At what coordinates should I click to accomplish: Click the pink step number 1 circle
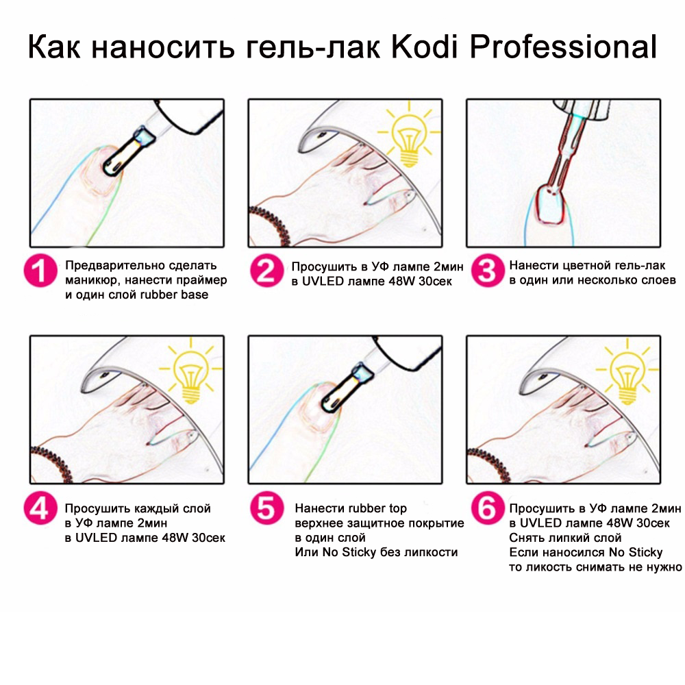40,271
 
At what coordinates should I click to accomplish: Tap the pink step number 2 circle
266,271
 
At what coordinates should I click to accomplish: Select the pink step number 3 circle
488,271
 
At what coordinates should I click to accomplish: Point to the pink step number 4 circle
40,508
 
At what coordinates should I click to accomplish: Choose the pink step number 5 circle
266,508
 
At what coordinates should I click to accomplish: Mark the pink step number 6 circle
488,508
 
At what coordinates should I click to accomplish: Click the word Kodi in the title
425,47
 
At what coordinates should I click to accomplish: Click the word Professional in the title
563,47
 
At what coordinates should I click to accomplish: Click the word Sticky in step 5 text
360,552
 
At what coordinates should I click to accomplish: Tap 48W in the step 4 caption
175,537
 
